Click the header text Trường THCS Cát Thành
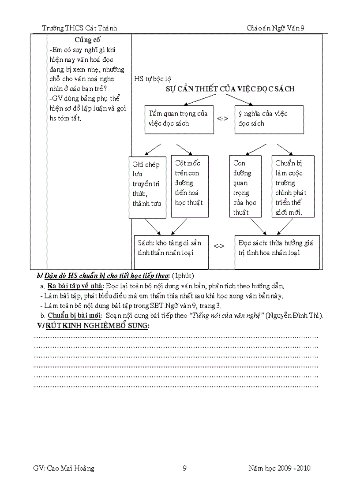pyautogui.click(x=79, y=28)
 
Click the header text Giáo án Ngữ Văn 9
pyautogui.click(x=276, y=28)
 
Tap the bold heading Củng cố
pyautogui.click(x=87, y=40)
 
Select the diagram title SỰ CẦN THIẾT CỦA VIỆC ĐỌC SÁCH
pyautogui.click(x=230, y=89)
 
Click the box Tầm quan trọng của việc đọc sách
pyautogui.click(x=179, y=119)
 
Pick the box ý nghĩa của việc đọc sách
pyautogui.click(x=269, y=119)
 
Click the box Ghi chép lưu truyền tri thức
pyautogui.click(x=147, y=186)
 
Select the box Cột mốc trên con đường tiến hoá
pyautogui.click(x=190, y=186)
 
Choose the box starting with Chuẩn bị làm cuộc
pyautogui.click(x=293, y=186)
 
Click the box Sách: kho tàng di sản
pyautogui.click(x=171, y=252)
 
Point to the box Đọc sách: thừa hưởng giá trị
pyautogui.click(x=277, y=252)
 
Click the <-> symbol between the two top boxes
pyautogui.click(x=222, y=119)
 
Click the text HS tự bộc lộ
pyautogui.click(x=153, y=79)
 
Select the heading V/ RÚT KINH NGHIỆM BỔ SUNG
pyautogui.click(x=94, y=326)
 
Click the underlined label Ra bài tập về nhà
pyautogui.click(x=75, y=286)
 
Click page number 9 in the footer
pyautogui.click(x=184, y=468)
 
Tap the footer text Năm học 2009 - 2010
pyautogui.click(x=279, y=468)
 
